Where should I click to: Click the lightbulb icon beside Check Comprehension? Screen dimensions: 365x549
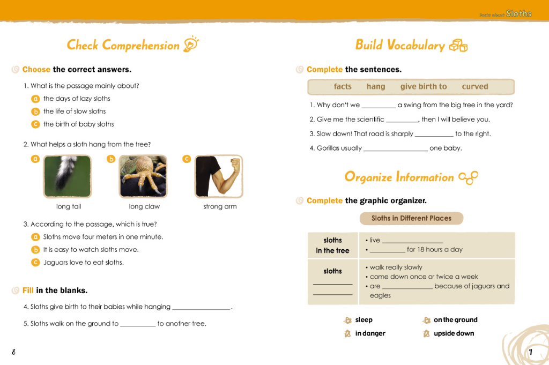coord(191,44)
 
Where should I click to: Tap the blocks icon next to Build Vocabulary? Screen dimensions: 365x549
coord(458,46)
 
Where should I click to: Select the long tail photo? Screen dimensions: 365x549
coord(67,176)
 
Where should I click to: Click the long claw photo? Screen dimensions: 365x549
coord(143,176)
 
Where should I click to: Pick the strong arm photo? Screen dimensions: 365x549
coord(219,176)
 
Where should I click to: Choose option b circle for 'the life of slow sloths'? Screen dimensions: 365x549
coord(35,111)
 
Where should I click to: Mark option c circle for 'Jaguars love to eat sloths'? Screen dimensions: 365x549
coord(35,263)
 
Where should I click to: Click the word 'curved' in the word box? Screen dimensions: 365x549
coord(475,87)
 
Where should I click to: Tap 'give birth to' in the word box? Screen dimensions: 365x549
coord(424,87)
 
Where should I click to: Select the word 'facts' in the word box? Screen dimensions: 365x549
coord(343,87)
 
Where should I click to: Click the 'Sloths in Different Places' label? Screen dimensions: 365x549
coord(411,218)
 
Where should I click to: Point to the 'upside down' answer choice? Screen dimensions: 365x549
coord(454,333)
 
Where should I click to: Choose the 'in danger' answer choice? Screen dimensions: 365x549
coord(370,333)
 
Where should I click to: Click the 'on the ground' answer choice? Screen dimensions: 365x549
coord(455,320)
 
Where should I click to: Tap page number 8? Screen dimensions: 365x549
coord(13,352)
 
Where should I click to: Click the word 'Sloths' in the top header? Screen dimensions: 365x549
coord(518,13)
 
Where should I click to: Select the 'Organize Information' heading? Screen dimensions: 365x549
coord(399,177)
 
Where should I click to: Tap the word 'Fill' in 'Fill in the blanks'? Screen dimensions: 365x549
coord(28,290)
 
